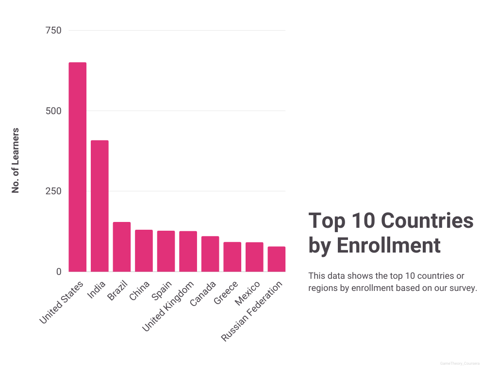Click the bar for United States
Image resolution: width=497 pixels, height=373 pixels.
[78, 167]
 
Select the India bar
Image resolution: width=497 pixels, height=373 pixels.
[100, 206]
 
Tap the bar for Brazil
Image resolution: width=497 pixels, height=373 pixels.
[122, 247]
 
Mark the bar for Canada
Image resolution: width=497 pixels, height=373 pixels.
[210, 254]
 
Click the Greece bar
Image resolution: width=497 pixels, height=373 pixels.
[232, 257]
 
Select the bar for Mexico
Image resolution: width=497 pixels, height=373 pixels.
[254, 257]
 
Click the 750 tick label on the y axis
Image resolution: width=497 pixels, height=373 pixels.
[53, 31]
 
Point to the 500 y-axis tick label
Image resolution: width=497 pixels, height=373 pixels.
[53, 111]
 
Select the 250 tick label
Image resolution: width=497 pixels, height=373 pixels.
[53, 191]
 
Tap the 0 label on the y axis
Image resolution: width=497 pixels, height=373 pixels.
[59, 272]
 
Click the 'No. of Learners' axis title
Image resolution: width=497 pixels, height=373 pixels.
[16, 160]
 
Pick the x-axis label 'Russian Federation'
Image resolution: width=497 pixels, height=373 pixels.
[252, 311]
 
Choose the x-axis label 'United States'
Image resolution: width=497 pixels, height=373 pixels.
[62, 302]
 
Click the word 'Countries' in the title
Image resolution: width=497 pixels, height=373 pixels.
[427, 221]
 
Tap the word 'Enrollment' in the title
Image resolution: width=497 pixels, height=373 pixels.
[388, 246]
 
